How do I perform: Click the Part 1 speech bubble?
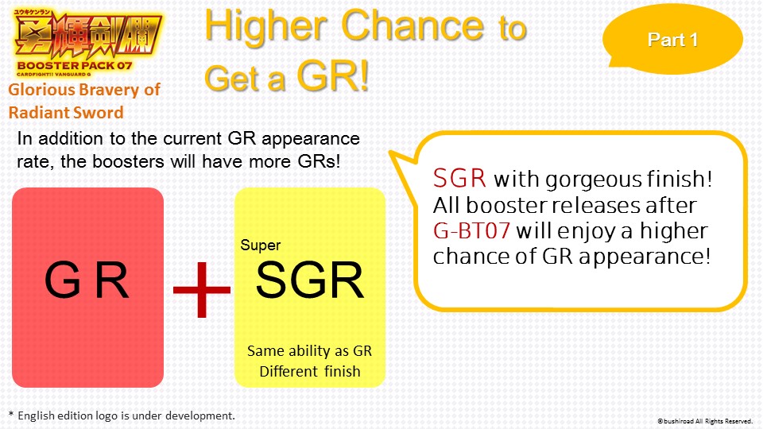coord(673,39)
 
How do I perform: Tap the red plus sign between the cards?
coord(201,289)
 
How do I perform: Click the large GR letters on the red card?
coord(87,280)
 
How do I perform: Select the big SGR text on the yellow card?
coord(309,280)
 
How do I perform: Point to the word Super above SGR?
coord(261,245)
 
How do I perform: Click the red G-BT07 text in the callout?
coord(471,230)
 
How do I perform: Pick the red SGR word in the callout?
coord(459,178)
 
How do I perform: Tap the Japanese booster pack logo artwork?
coord(87,34)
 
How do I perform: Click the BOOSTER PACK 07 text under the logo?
coord(75,66)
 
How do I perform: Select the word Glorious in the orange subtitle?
coord(41,90)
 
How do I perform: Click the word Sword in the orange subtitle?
coord(102,112)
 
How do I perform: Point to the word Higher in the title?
coord(265,27)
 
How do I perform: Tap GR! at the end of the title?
coord(333,76)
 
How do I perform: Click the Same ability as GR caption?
coord(309,350)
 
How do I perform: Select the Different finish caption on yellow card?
coord(310,371)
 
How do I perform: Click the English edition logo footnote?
coord(122,415)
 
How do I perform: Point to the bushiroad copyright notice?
coord(705,421)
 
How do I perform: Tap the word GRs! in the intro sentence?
coord(320,161)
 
